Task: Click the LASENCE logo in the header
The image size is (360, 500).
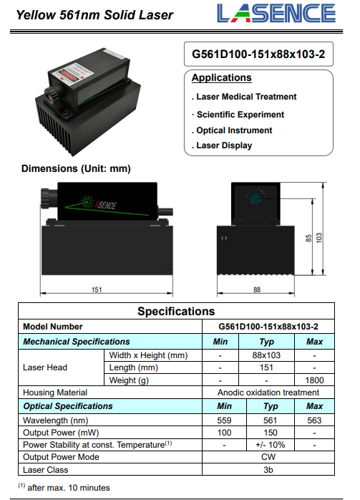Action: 276,14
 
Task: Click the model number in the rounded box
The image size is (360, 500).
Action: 258,54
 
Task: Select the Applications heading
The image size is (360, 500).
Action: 221,77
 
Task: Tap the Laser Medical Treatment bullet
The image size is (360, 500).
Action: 244,97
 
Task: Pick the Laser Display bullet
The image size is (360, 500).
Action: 222,145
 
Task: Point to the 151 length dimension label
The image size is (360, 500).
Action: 97,289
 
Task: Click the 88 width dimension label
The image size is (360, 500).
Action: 257,289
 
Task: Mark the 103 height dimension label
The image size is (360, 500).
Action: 319,238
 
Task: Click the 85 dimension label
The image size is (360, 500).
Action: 308,239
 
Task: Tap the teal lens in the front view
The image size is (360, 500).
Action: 256,198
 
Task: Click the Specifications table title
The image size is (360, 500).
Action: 176,311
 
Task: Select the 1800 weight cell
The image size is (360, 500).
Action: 314,380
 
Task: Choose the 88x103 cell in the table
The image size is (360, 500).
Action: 266,355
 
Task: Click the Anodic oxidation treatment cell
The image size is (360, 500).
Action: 268,393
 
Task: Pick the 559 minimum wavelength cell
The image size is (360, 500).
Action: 224,420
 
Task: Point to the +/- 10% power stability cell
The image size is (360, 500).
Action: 270,445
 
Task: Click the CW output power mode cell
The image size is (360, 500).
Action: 268,457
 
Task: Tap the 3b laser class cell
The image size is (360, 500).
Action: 268,470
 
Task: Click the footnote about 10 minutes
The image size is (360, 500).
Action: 64,487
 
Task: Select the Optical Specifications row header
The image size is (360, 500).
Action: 68,406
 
